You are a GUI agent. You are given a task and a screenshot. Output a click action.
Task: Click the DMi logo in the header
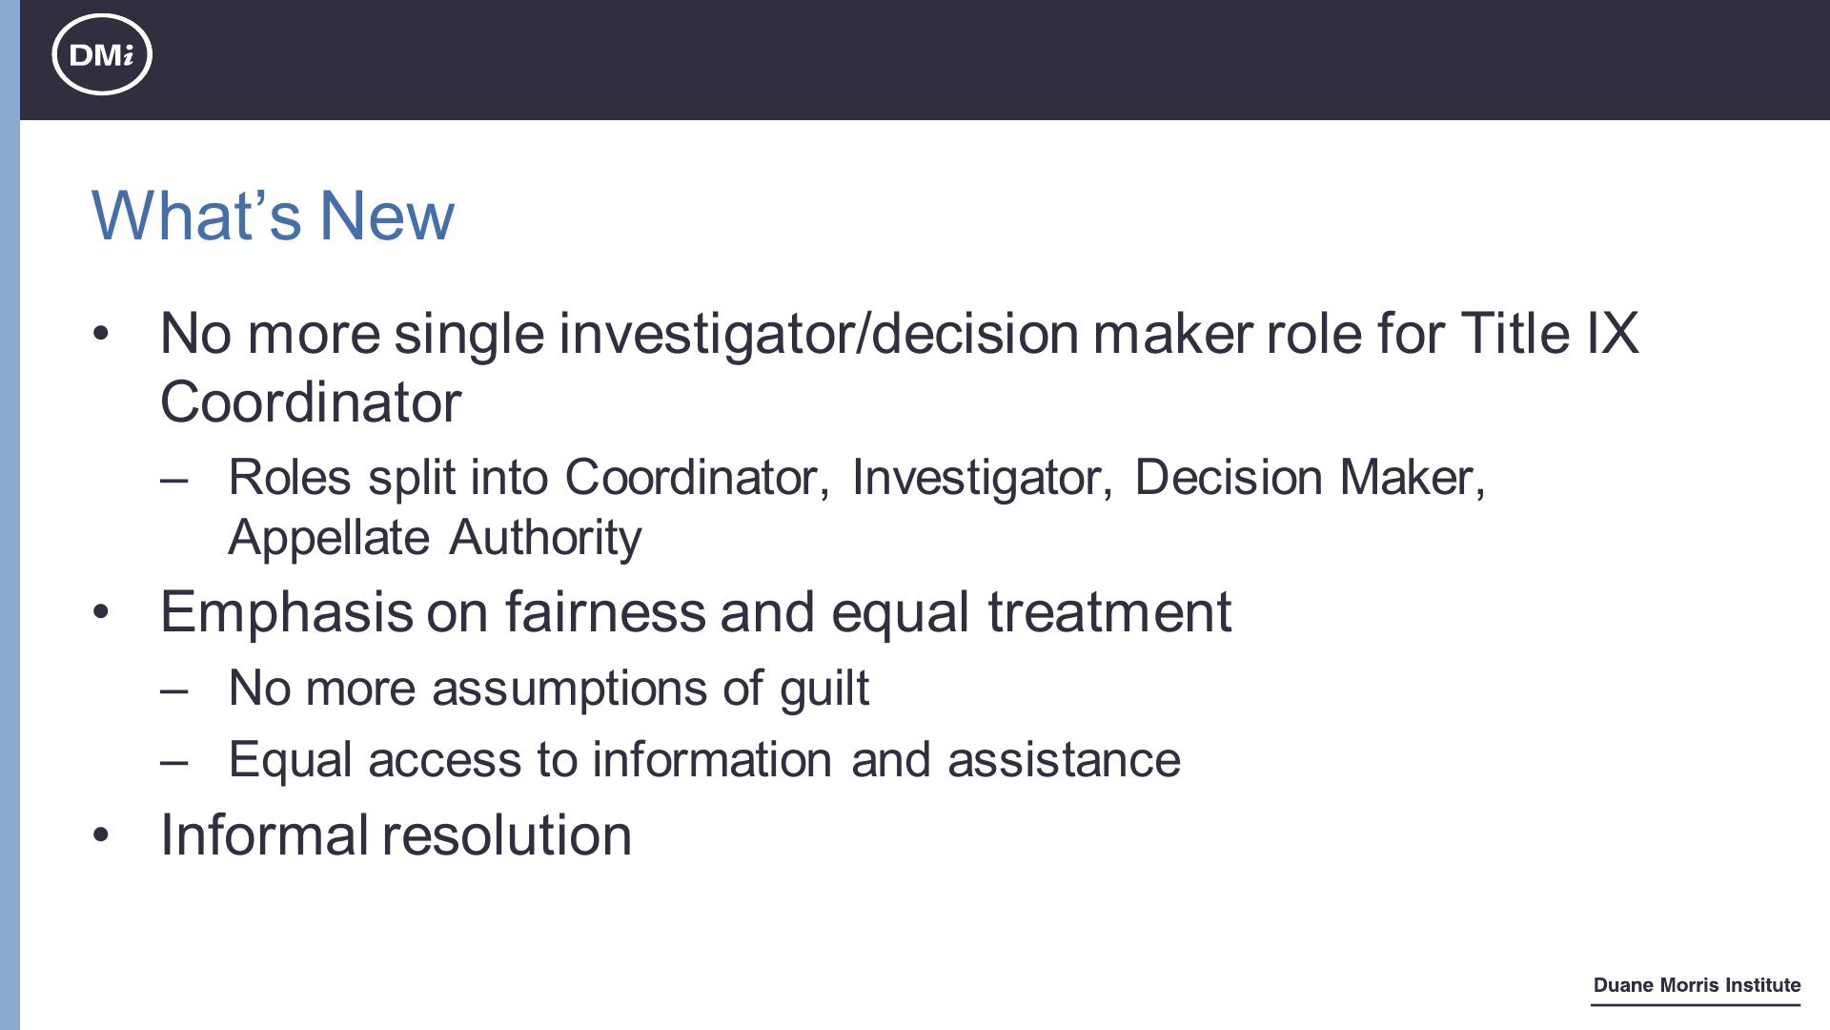(102, 54)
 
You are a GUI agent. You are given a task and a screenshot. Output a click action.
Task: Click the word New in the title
(387, 216)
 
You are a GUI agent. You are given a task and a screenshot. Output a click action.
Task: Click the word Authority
(545, 538)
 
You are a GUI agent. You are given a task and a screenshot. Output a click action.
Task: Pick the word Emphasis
(287, 612)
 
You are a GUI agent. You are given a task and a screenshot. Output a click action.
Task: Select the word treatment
(1109, 611)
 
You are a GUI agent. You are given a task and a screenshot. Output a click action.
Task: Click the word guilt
(824, 689)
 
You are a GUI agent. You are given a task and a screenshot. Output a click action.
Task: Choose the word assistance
(1064, 760)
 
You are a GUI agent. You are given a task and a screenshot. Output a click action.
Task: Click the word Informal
(264, 834)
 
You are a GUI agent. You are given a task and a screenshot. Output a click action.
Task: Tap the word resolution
(507, 834)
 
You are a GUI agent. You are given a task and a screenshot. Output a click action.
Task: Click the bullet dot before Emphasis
(101, 612)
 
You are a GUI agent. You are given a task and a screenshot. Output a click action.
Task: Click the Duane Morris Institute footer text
(1697, 985)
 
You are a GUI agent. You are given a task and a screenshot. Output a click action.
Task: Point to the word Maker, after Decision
(1413, 477)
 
